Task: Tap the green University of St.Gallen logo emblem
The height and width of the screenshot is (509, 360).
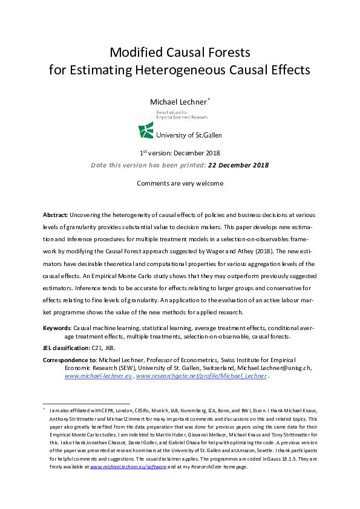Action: [146, 130]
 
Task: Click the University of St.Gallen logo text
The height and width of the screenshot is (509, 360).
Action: [188, 135]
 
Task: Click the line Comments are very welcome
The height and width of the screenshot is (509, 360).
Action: [180, 183]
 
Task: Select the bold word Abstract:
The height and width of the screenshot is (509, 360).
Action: [55, 215]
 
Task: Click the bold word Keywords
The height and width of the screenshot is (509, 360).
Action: [57, 327]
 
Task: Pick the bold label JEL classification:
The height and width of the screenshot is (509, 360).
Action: [66, 349]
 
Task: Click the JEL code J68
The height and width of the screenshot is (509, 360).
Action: [112, 349]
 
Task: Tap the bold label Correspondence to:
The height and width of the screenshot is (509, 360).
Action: [70, 360]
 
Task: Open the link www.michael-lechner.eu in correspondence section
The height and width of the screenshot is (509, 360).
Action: [99, 376]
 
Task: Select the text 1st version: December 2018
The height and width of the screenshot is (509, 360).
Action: [180, 152]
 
